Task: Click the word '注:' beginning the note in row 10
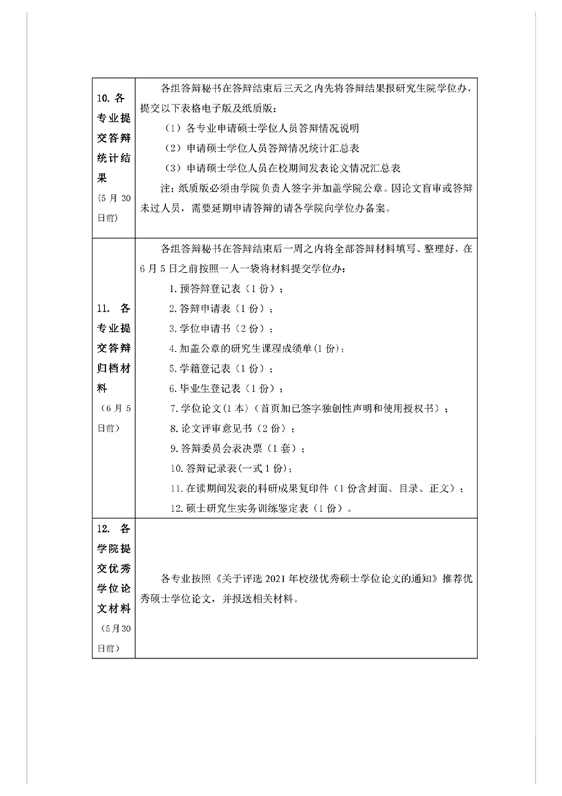coord(168,189)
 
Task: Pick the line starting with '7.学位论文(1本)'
coord(310,409)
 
